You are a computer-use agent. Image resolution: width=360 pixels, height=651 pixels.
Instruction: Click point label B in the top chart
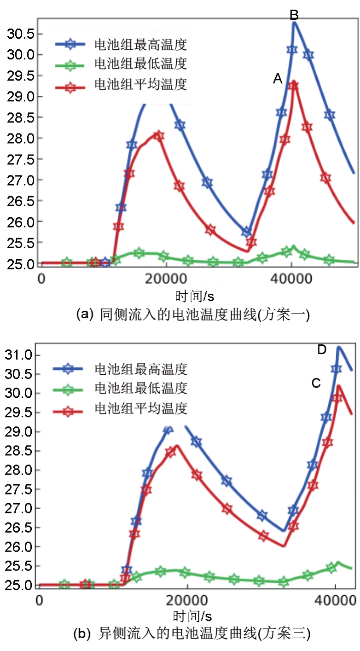pos(294,15)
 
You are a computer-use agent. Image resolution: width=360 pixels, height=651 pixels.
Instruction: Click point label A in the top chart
pos(277,80)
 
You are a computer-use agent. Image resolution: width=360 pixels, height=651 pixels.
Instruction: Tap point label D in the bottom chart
pos(322,350)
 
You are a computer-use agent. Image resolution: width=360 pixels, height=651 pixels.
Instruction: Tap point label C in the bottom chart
pos(316,383)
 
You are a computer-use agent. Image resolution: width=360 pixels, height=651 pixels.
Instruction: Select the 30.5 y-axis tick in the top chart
pos(18,34)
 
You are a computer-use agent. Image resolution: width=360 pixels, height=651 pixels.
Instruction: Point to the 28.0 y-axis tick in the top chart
pos(18,138)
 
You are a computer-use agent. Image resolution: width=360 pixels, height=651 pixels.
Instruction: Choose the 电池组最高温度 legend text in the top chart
pos(141,45)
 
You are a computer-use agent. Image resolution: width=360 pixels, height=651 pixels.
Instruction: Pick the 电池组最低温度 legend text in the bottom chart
pos(141,389)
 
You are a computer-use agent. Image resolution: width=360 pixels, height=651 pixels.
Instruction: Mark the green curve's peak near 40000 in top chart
pos(293,247)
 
